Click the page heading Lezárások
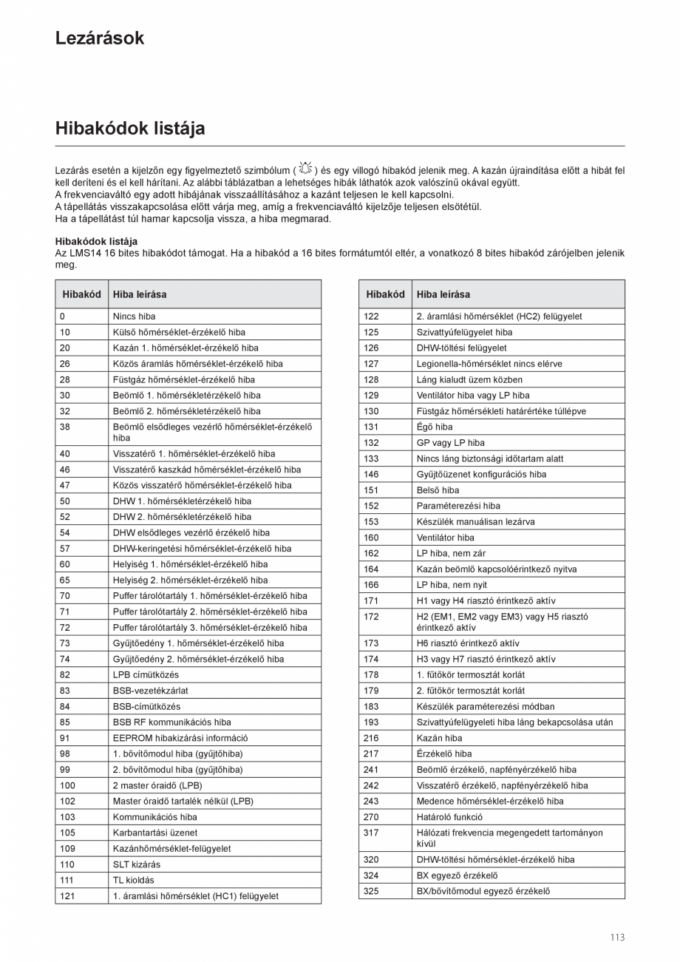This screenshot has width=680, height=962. (x=100, y=38)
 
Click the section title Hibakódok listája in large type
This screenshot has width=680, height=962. (x=130, y=129)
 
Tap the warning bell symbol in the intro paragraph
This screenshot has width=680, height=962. (x=306, y=169)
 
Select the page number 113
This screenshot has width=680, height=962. (x=617, y=937)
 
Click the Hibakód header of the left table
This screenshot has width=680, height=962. (x=81, y=294)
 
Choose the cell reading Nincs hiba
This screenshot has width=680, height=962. (x=134, y=316)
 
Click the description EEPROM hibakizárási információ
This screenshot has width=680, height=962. (x=180, y=738)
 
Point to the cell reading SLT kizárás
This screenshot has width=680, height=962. (x=136, y=864)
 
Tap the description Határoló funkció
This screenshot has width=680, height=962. (x=449, y=817)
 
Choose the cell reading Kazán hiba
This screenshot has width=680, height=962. (x=439, y=738)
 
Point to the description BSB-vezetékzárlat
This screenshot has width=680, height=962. (x=150, y=691)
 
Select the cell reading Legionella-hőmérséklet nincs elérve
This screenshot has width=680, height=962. (x=489, y=364)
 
